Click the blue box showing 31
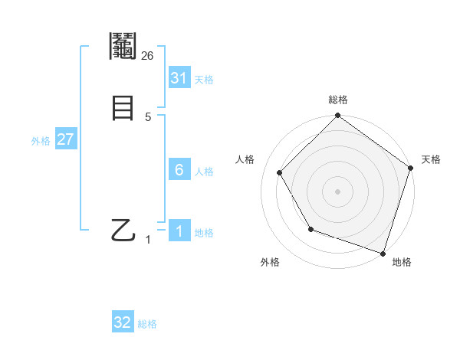coord(179,78)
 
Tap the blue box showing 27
coord(66,140)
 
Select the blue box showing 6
coord(179,169)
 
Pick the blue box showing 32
coord(123,322)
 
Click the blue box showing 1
coord(179,231)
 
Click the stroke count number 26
coord(148,55)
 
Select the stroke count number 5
coord(148,117)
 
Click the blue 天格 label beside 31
coord(204,80)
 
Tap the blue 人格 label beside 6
coord(204,172)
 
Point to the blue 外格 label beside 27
coord(41,141)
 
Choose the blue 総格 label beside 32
coord(147,324)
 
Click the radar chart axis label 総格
coord(337,100)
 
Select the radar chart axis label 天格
coord(431,159)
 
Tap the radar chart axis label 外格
coord(270,263)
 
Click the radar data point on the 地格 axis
coord(383,252)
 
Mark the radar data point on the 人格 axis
coord(280,172)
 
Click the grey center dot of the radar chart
coord(337,191)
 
